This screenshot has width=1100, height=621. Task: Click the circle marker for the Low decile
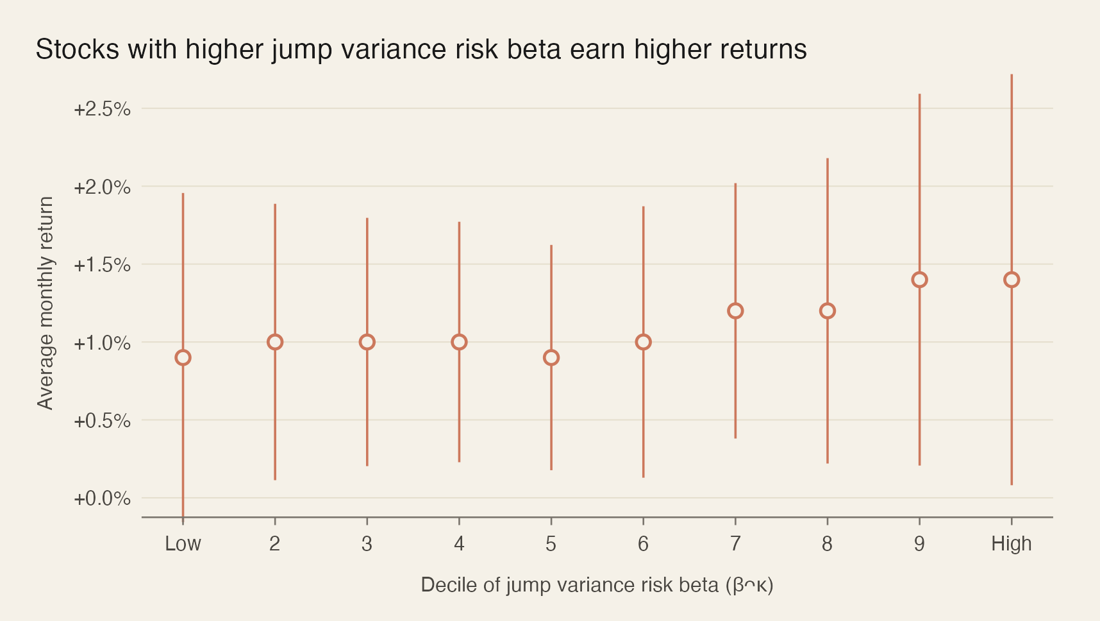(x=183, y=357)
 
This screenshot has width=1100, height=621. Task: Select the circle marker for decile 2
(x=275, y=342)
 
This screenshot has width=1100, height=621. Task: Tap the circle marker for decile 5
(x=551, y=357)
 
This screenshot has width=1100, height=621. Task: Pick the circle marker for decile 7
(x=735, y=310)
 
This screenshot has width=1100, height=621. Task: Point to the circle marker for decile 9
(x=919, y=280)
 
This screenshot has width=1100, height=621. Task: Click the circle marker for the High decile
(x=1012, y=280)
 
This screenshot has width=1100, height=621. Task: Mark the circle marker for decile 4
(x=459, y=342)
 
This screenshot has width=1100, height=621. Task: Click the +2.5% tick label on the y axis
(x=102, y=109)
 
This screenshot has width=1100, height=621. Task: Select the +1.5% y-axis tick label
(x=102, y=265)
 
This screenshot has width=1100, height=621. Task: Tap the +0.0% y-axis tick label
(x=102, y=498)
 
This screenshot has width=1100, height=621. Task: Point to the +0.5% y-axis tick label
(x=102, y=421)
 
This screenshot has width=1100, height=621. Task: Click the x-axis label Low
(x=183, y=544)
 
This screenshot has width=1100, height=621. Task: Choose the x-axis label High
(x=1012, y=544)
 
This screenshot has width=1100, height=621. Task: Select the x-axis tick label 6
(x=643, y=544)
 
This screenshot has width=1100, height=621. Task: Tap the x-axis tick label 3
(x=367, y=544)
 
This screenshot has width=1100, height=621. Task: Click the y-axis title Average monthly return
(x=46, y=303)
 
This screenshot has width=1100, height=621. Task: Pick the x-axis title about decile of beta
(x=597, y=585)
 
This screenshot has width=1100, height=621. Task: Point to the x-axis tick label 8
(x=827, y=544)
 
